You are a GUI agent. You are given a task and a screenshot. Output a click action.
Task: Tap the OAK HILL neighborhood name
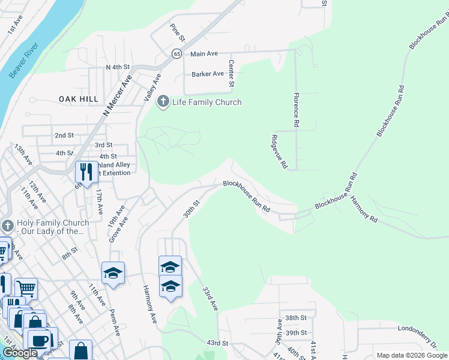78,98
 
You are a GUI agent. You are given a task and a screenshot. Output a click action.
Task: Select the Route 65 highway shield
176,53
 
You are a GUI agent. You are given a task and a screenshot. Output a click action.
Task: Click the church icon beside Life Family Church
163,102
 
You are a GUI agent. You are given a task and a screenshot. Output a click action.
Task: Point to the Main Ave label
204,54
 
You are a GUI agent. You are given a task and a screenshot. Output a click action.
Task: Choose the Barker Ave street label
208,74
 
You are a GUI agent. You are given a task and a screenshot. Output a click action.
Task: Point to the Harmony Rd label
363,209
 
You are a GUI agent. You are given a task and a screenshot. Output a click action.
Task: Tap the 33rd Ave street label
209,298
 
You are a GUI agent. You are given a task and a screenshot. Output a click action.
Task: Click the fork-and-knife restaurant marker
86,172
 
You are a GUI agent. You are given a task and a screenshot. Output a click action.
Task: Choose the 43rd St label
218,343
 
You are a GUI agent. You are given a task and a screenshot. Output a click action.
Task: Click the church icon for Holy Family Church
7,227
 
